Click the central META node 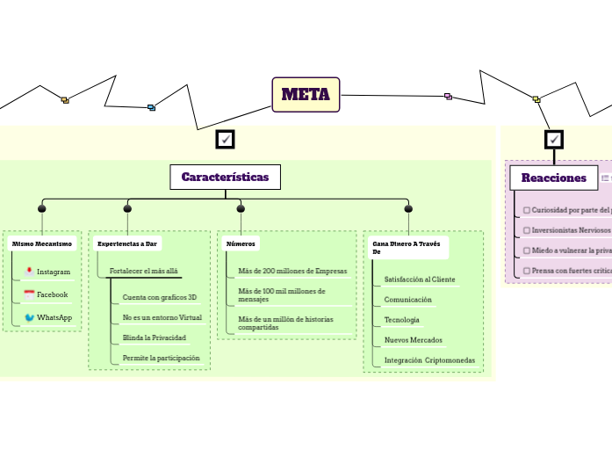tap(306, 94)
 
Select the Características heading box tap(225, 177)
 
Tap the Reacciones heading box tap(553, 178)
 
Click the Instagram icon tap(30, 272)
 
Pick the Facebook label tap(52, 294)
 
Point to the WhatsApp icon tap(30, 317)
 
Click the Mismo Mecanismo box tap(42, 243)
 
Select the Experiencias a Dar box tap(127, 243)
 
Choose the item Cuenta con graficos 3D tap(160, 297)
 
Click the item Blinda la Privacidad tap(154, 337)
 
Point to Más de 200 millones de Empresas tap(292, 271)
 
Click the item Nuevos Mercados tap(414, 340)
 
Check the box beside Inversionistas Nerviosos tap(526, 230)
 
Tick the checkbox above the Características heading tap(226, 140)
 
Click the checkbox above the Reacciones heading tap(554, 140)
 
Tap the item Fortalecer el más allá tap(143, 271)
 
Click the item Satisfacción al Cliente tap(420, 279)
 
